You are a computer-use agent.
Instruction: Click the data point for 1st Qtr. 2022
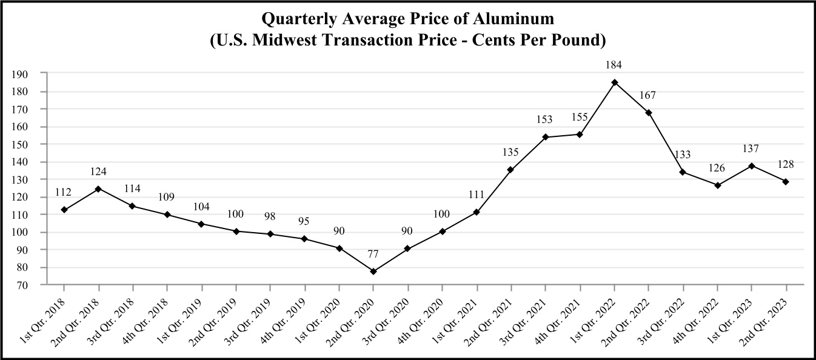pos(614,82)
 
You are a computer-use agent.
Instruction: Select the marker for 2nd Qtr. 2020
pos(373,272)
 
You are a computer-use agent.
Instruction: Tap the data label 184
pos(614,65)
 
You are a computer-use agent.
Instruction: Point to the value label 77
pos(373,254)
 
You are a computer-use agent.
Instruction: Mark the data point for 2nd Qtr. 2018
pos(98,188)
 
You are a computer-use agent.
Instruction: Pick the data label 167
pos(649,96)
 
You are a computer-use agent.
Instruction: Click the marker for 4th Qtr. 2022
pos(718,185)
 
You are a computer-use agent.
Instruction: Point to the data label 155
pos(580,118)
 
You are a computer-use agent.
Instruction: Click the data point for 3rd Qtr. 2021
pos(546,137)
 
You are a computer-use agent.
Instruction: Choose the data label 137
pos(752,148)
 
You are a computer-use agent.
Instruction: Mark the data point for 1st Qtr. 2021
pos(477,212)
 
